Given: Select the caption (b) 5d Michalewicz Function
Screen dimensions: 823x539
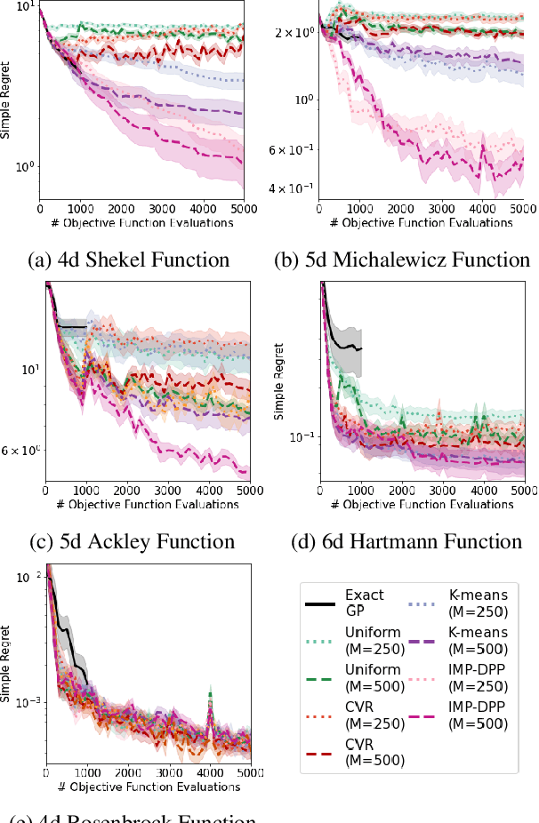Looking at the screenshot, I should [402, 260].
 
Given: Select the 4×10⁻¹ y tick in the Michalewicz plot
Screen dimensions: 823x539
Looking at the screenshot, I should [293, 188].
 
